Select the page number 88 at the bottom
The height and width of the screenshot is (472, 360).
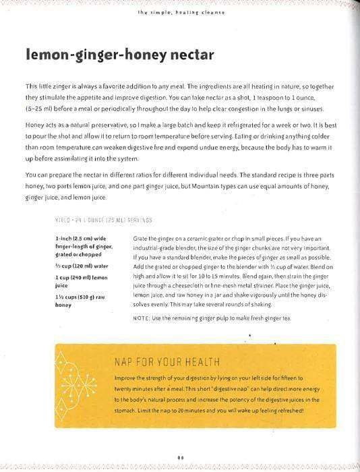pyautogui.click(x=180, y=457)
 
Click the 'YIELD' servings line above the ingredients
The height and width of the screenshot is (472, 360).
pyautogui.click(x=103, y=220)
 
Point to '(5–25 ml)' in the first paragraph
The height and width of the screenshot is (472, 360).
pyautogui.click(x=41, y=109)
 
